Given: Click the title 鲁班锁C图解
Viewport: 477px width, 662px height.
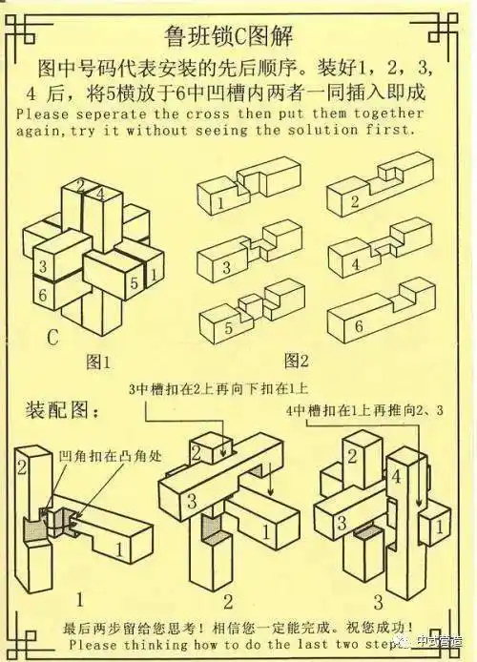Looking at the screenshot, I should tap(238, 37).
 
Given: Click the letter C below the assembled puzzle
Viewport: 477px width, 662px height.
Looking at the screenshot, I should tap(53, 336).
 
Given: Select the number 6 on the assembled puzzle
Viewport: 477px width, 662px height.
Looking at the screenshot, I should tap(42, 296).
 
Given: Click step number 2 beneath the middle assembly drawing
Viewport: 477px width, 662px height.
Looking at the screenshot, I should tap(228, 601).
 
